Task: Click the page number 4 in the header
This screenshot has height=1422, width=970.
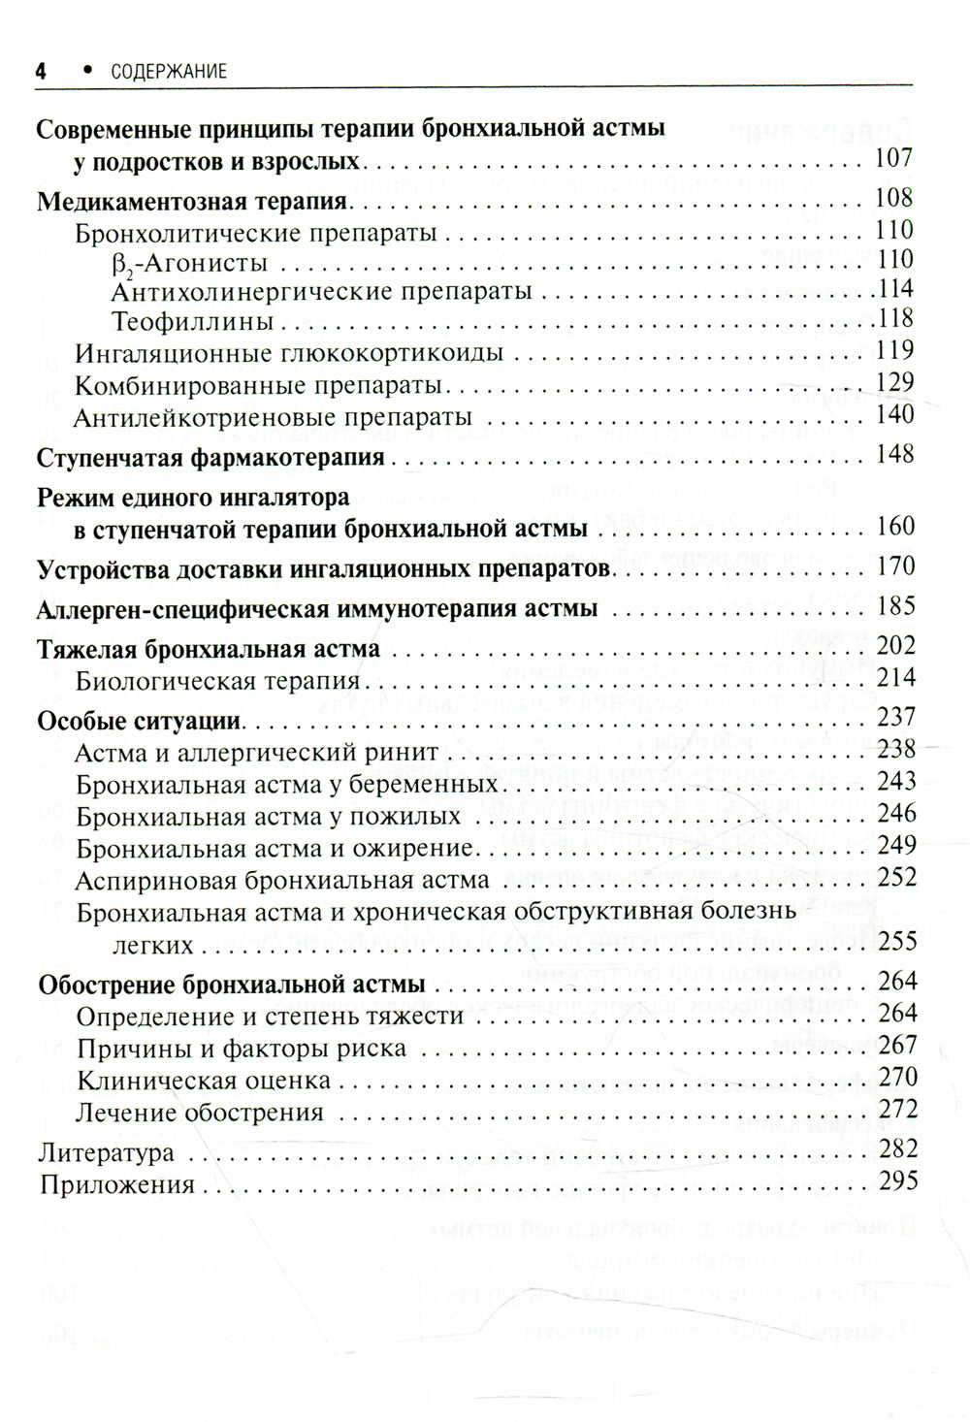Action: pyautogui.click(x=41, y=70)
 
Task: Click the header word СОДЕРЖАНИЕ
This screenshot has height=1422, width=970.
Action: pyautogui.click(x=169, y=71)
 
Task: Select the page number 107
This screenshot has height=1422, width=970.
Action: pyautogui.click(x=893, y=158)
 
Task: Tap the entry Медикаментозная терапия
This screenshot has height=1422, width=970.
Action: pyautogui.click(x=192, y=202)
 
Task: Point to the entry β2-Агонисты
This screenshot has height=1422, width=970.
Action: pyautogui.click(x=190, y=262)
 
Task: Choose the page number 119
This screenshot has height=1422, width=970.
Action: pyautogui.click(x=893, y=349)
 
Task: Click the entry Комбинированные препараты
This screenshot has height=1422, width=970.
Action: pyautogui.click(x=259, y=385)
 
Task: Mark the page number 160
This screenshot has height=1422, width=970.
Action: pyautogui.click(x=893, y=526)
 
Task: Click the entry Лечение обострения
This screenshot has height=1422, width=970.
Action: pyautogui.click(x=199, y=1112)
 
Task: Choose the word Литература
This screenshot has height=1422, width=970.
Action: pyautogui.click(x=106, y=1153)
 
